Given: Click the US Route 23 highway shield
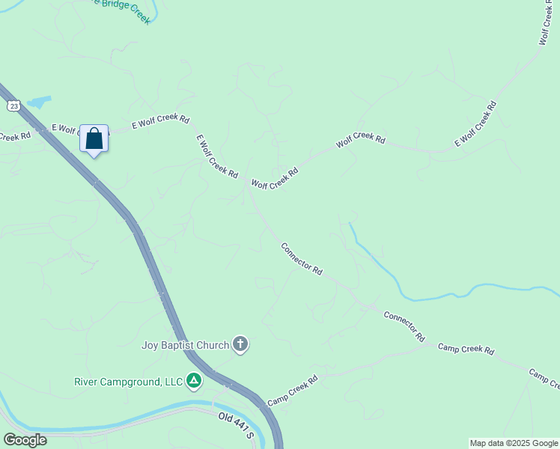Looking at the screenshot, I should (14, 107).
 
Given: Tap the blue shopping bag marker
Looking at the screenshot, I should (94, 139).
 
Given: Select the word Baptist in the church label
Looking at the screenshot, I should (180, 345).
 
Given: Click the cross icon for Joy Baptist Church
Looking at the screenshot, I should (240, 344).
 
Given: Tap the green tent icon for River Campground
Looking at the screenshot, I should (194, 381).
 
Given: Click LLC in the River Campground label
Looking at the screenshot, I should (173, 382).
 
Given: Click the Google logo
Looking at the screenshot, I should (25, 440).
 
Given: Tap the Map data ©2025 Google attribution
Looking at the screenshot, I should (514, 444).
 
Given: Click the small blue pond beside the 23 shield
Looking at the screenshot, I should (40, 101).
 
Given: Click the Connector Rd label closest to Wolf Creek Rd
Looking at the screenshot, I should (301, 258).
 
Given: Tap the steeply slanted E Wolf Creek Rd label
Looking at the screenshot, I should (217, 156).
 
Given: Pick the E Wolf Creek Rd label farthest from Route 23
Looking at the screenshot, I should (475, 123).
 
